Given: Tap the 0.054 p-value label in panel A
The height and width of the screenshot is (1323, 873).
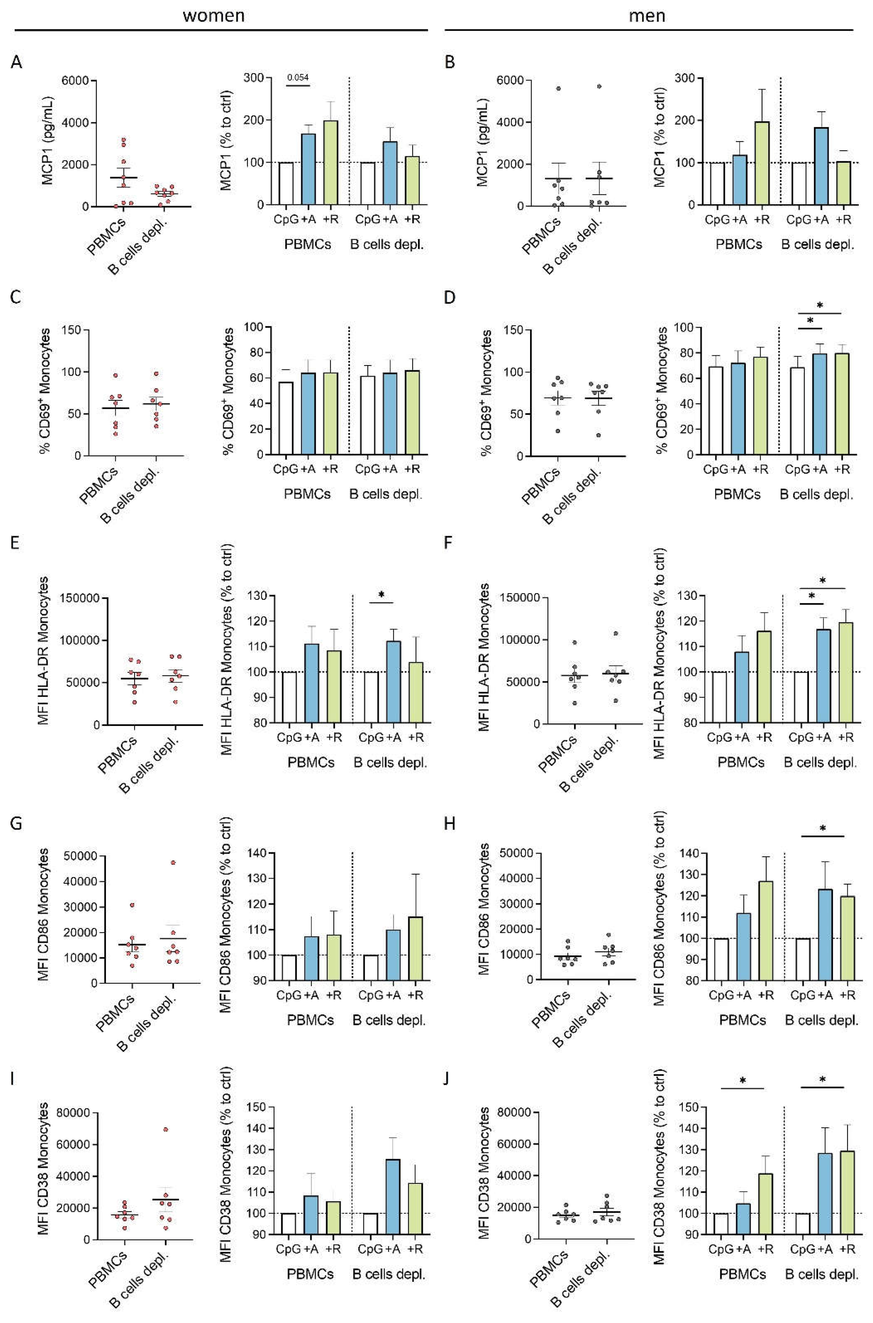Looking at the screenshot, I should (x=298, y=77).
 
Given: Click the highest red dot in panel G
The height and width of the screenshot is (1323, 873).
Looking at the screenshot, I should (x=173, y=863).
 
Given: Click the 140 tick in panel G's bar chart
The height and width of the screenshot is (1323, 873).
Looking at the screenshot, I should (x=260, y=853).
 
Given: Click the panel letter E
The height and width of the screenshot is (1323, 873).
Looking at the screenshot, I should (x=16, y=542).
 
